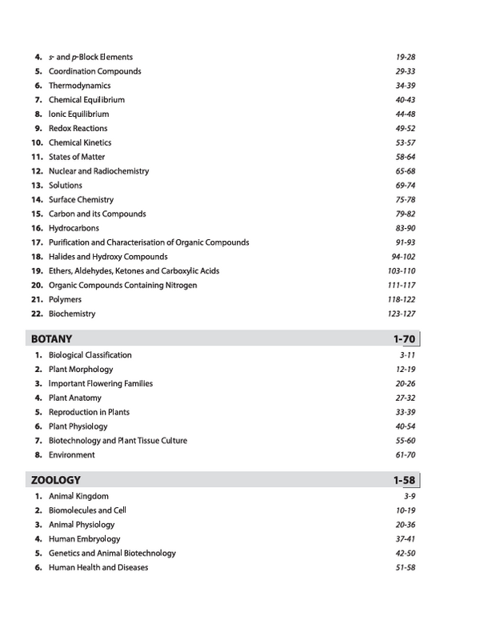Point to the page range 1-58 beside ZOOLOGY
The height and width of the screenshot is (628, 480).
(x=400, y=480)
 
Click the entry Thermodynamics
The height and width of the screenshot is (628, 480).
(x=79, y=86)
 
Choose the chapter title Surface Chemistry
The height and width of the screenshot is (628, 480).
(x=81, y=199)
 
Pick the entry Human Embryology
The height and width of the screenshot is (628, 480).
(x=82, y=538)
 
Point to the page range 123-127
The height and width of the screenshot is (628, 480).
(x=401, y=314)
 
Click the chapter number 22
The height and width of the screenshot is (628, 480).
(x=36, y=314)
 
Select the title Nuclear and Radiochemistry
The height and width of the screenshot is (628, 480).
(x=98, y=171)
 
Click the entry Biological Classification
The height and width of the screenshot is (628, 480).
(x=90, y=354)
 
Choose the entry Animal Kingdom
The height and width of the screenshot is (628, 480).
(x=78, y=496)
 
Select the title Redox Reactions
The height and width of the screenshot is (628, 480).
(x=78, y=128)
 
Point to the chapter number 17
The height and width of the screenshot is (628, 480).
(x=36, y=242)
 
